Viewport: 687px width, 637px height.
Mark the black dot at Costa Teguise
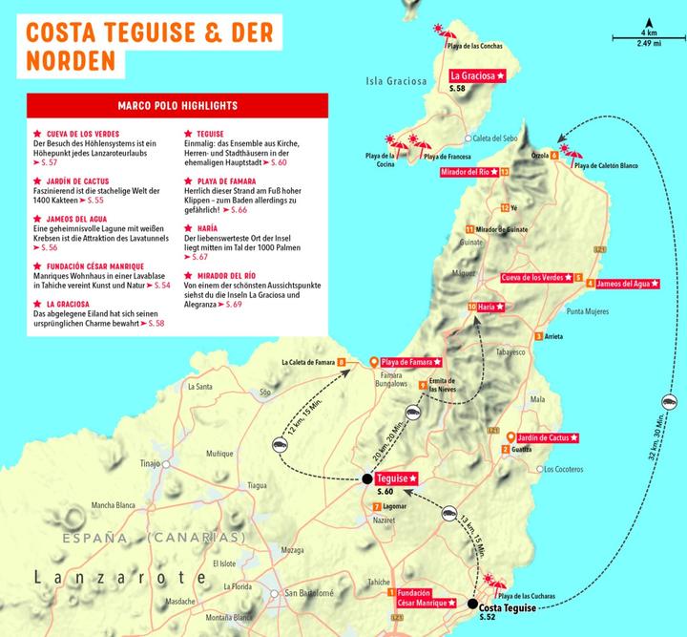point(472,603)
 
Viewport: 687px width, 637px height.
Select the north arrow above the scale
point(649,23)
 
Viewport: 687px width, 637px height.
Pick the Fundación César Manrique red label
point(423,598)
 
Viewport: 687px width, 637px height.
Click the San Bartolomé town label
point(311,594)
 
